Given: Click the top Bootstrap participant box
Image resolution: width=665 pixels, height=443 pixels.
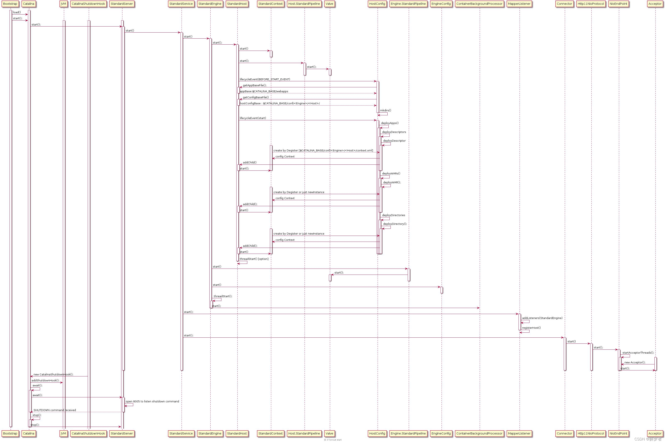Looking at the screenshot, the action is click(x=10, y=4).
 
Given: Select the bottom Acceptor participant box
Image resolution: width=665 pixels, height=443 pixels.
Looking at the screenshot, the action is click(x=655, y=433).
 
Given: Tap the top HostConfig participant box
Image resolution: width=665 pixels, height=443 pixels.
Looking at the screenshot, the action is click(x=377, y=4).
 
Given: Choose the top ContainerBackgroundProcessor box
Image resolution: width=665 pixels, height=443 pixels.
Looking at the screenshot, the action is click(x=479, y=4).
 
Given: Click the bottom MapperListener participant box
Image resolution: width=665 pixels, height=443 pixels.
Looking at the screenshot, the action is click(x=519, y=433).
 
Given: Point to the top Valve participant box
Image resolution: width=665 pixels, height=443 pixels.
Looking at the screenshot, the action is click(x=329, y=4).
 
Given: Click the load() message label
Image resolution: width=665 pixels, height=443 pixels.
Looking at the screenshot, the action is click(x=17, y=12).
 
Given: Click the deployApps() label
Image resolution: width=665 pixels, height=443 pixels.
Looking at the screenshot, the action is click(x=390, y=123).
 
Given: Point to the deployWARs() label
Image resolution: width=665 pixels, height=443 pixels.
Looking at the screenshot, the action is click(x=391, y=173).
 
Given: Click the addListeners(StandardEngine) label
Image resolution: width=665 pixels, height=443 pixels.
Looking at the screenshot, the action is click(x=542, y=318).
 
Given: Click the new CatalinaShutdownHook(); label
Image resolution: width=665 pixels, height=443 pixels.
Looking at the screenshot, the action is click(x=53, y=375).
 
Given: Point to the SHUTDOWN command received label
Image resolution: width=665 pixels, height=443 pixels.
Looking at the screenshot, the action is click(x=55, y=410).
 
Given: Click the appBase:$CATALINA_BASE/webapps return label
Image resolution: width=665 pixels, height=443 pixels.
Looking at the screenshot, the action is click(x=264, y=91).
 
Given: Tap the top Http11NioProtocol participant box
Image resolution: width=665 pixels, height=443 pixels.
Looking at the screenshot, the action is click(x=591, y=4).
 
